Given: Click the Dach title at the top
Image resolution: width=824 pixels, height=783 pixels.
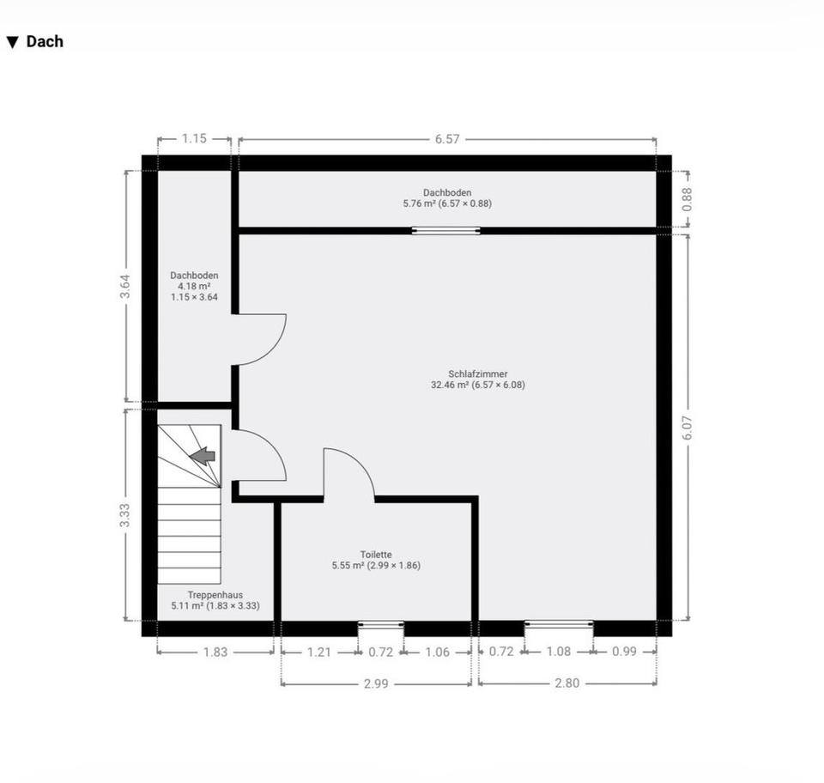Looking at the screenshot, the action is (45, 41).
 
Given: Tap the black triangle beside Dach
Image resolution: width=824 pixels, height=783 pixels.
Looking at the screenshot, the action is (13, 43).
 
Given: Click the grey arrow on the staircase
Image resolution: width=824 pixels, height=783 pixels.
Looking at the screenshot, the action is (203, 456).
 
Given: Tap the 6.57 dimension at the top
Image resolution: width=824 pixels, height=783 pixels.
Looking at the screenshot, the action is (447, 139).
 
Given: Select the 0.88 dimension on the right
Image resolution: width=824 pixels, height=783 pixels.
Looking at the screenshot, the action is (688, 199).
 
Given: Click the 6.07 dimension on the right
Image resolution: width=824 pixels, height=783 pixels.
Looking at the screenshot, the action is (688, 428).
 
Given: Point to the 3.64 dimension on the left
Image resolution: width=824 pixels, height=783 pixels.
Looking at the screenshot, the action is (125, 287).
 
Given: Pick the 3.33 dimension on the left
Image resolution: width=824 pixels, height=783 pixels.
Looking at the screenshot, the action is (125, 515).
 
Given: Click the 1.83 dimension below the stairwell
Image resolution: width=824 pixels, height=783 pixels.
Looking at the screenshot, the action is (215, 652).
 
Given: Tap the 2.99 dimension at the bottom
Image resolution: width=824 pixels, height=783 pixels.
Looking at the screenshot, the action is (376, 683).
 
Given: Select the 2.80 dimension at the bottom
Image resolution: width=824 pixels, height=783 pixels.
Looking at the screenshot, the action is (567, 683).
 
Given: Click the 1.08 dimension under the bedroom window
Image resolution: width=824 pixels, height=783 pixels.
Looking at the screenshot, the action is (559, 652).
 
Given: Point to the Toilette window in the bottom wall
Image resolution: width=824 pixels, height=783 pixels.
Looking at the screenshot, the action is (381, 624).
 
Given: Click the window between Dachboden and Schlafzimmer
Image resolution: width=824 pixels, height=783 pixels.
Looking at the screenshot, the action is (445, 230).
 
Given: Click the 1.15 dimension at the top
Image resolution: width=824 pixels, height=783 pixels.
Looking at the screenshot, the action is (195, 138).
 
